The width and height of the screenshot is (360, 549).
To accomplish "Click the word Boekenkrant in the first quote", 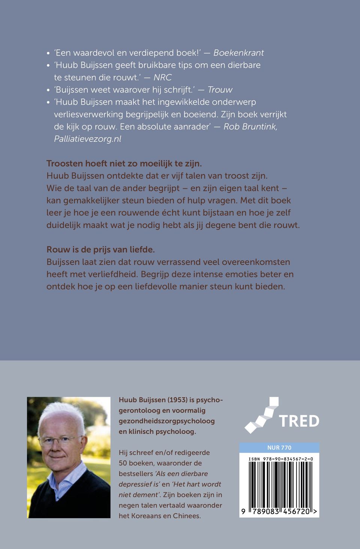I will click(x=238, y=53).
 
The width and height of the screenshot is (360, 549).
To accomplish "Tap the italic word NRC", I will click(x=163, y=78).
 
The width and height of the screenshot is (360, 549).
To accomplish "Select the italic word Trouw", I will click(x=220, y=90).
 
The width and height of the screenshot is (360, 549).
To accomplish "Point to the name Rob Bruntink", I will click(x=250, y=127).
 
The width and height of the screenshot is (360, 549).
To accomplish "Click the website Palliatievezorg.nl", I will click(x=88, y=139).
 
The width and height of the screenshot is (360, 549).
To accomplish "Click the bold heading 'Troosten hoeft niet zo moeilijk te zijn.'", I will click(x=124, y=163).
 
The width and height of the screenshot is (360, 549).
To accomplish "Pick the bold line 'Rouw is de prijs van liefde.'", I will click(x=100, y=250).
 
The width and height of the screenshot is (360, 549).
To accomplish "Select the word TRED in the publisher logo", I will click(x=299, y=421).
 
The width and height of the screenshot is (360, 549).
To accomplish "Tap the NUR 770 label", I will click(x=279, y=448).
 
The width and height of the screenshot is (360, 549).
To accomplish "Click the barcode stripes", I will click(x=279, y=484).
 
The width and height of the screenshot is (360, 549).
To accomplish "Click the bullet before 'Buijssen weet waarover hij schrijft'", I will click(x=48, y=90).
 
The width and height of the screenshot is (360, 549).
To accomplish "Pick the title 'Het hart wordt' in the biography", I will click(x=197, y=484).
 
